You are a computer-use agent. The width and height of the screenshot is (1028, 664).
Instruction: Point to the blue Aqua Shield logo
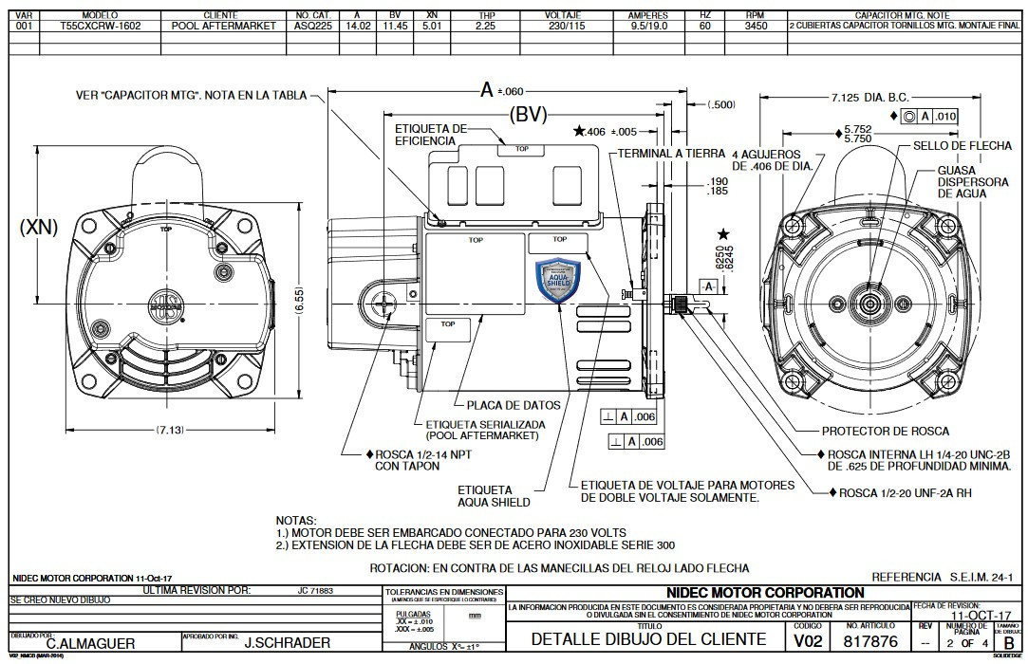pyautogui.click(x=557, y=281)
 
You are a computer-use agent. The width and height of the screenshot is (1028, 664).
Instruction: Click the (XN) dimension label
pyautogui.click(x=39, y=227)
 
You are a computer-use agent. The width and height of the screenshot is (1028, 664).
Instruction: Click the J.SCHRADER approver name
pyautogui.click(x=288, y=643)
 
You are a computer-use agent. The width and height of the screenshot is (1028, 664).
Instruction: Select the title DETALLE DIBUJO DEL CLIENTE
pyautogui.click(x=648, y=639)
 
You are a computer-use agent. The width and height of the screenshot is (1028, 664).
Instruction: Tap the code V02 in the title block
pyautogui.click(x=807, y=640)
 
